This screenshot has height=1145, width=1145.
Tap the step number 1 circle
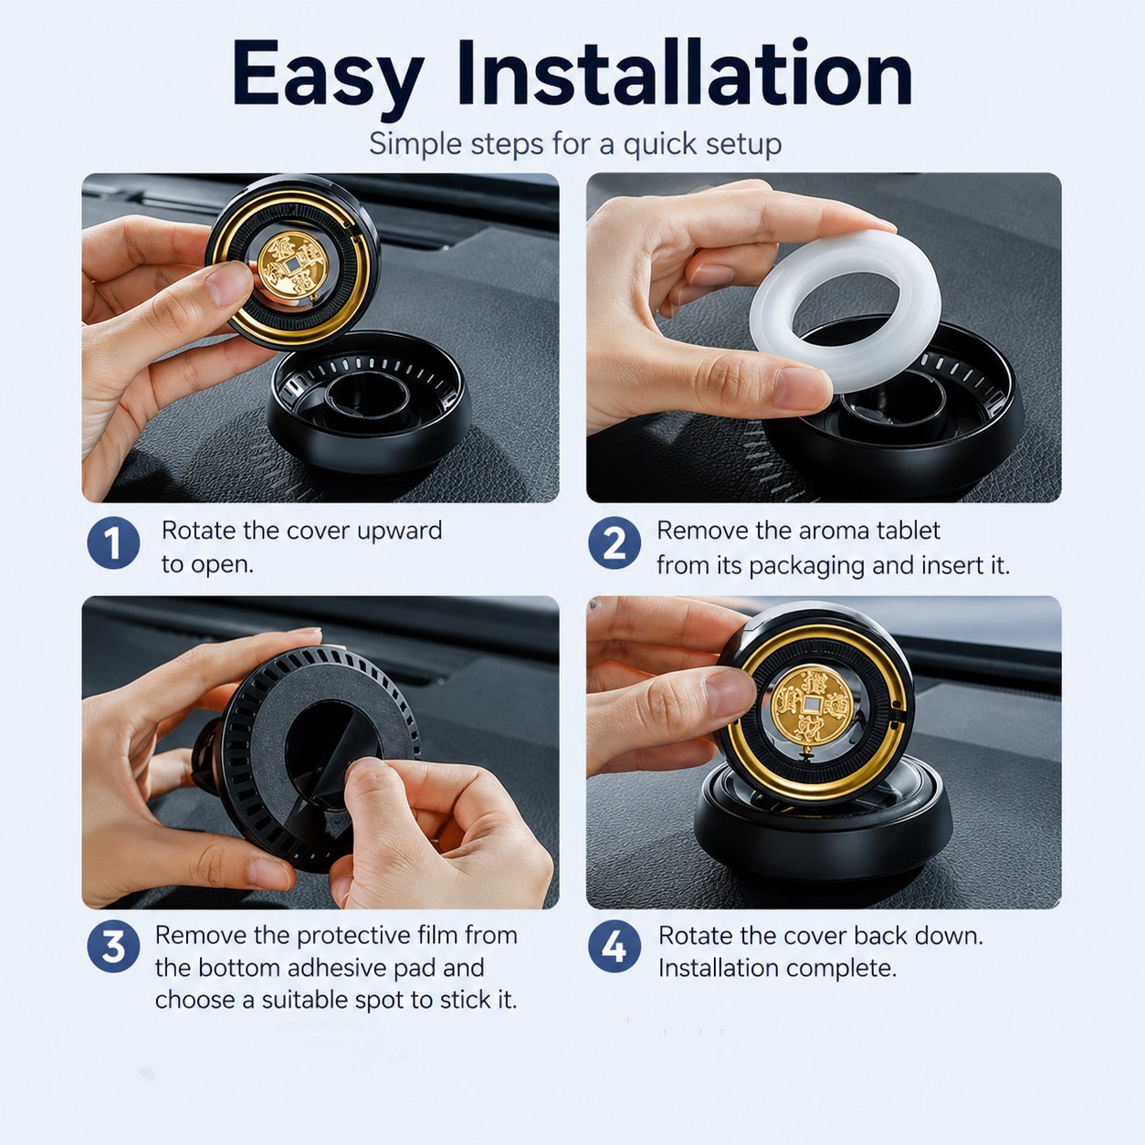pos(113,542)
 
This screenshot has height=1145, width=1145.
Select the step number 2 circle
pos(615,542)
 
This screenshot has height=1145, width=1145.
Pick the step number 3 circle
pos(113,946)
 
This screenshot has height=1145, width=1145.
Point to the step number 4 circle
pos(615,946)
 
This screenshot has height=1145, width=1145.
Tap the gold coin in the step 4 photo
pos(811,705)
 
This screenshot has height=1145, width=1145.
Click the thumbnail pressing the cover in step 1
pos(228,285)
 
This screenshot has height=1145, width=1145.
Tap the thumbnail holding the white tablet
pos(800,387)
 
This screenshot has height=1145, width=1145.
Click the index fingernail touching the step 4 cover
pos(729,691)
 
